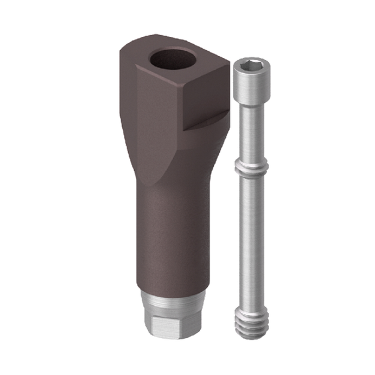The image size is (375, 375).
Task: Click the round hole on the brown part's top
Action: pos(172,59)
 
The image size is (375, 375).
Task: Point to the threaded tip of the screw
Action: pos(252,322)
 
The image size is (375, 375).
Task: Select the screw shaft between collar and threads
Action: pos(251,240)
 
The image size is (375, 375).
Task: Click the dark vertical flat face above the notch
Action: pos(206,99)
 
